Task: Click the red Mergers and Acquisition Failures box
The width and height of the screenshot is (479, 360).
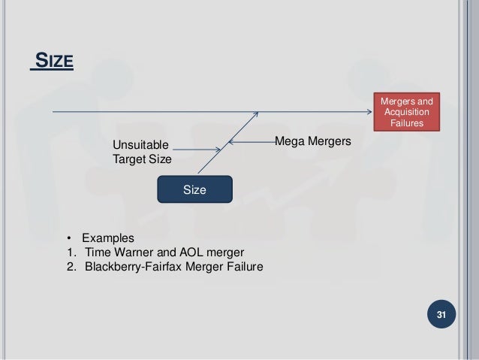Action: pos(408,111)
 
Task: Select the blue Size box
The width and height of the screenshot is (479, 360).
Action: pos(194,190)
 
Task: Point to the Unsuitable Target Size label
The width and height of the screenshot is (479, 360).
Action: pos(142,152)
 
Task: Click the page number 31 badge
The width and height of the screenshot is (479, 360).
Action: pos(442,314)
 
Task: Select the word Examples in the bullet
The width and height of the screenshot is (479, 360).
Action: pos(108,237)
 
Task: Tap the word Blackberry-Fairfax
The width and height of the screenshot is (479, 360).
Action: pos(134,266)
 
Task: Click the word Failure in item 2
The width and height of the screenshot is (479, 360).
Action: pos(243,266)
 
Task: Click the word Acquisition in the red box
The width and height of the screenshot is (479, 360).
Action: pos(408,111)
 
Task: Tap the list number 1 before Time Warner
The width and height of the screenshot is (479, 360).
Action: pos(69,252)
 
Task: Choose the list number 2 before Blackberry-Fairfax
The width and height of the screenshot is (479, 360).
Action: pos(69,266)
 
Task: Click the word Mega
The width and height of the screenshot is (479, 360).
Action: pos(290,141)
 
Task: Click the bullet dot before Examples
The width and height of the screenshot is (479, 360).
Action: pos(68,237)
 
